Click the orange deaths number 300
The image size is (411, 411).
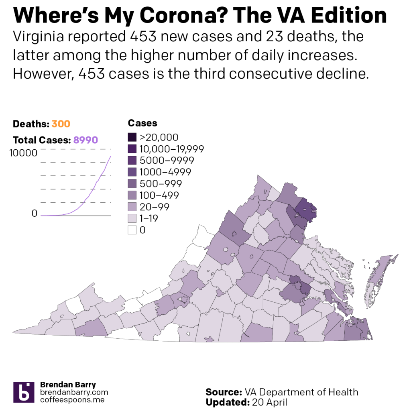click(x=61, y=124)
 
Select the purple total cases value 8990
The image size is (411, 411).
click(x=85, y=140)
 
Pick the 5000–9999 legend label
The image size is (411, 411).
click(x=167, y=161)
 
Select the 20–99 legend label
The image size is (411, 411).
click(x=155, y=207)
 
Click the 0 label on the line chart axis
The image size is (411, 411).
click(x=34, y=214)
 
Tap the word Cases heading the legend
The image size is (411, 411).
click(x=142, y=123)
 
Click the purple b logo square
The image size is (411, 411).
click(x=24, y=392)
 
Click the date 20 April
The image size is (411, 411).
click(x=269, y=402)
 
